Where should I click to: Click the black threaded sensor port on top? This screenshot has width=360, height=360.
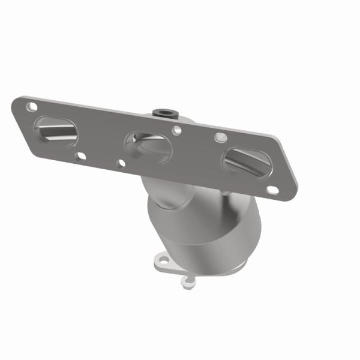[x=164, y=112]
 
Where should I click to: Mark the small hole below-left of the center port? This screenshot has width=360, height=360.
[x=120, y=163]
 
